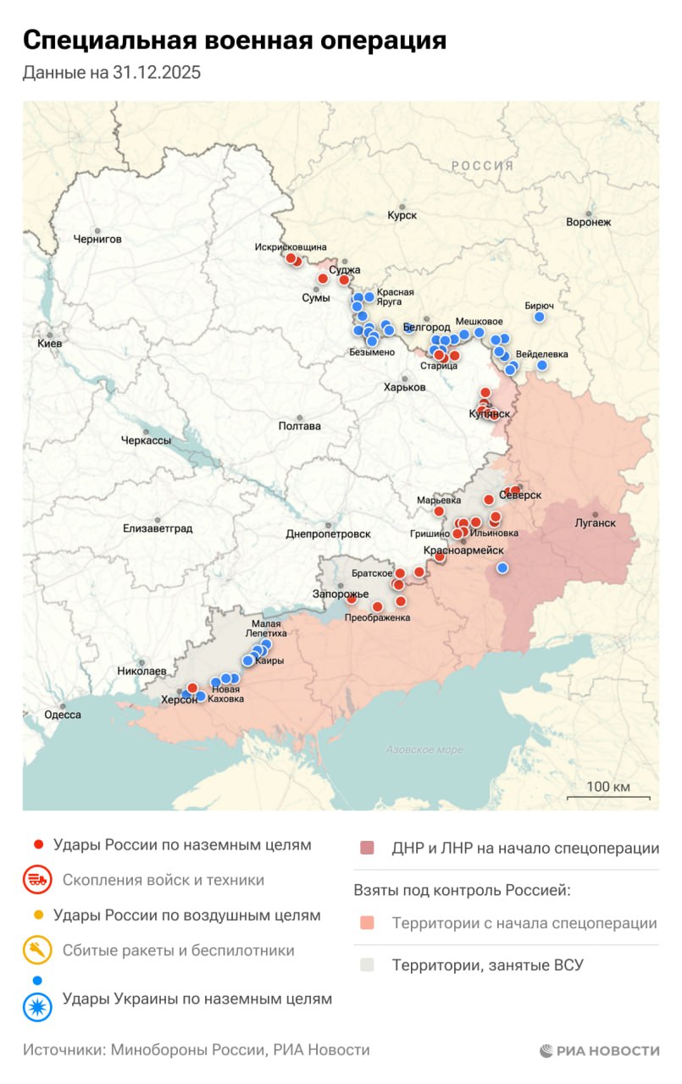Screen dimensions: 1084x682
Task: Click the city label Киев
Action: tap(49, 345)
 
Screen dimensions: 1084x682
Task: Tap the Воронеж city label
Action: tap(588, 222)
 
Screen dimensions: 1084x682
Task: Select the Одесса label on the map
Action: tap(63, 715)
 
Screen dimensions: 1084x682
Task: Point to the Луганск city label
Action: tap(595, 523)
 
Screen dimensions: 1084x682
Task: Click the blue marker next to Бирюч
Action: tap(539, 318)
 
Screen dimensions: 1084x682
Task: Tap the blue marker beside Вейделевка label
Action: tap(542, 366)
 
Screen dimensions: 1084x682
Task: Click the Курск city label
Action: tap(402, 215)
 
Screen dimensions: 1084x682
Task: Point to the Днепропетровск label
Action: tap(329, 534)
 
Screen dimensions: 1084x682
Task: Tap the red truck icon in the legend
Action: tap(37, 880)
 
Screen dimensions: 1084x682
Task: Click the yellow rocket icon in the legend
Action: tap(37, 950)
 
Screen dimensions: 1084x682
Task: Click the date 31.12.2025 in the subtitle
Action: tap(157, 73)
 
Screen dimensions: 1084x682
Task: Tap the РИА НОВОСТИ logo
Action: tap(600, 1050)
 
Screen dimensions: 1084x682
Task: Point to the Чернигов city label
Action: tap(97, 239)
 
